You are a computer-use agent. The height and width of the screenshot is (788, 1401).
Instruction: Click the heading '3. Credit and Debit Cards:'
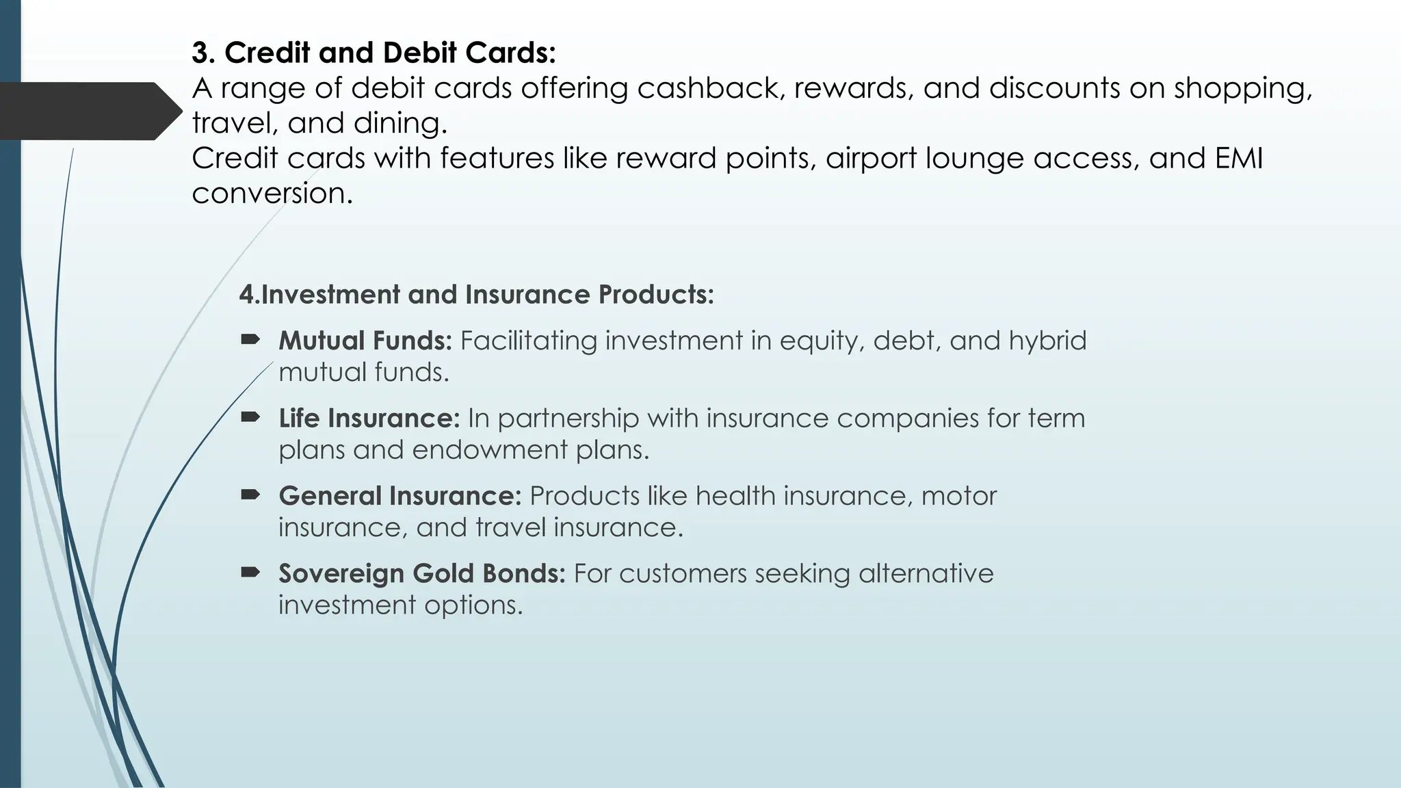[x=374, y=53]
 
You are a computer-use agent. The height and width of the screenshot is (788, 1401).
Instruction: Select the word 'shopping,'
[x=1243, y=88]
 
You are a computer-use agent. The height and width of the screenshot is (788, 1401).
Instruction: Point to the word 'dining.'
[x=400, y=123]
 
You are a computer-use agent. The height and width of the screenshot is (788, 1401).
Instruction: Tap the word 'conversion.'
[x=272, y=194]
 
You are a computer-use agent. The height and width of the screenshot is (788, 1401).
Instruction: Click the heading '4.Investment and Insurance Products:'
[x=476, y=295]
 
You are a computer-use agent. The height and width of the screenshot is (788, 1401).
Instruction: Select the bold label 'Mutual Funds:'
[x=365, y=341]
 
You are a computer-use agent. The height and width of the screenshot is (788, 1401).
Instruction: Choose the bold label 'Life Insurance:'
[x=369, y=418]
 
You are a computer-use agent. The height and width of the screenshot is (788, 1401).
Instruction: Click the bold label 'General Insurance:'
[x=400, y=496]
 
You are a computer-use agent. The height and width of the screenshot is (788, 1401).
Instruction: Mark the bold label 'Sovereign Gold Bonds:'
[x=422, y=573]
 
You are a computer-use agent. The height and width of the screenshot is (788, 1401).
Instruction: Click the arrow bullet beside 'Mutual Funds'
[x=250, y=339]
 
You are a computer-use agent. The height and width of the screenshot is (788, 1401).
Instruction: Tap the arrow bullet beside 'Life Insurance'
[x=250, y=416]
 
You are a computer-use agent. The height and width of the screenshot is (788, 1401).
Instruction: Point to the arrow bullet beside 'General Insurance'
[x=250, y=494]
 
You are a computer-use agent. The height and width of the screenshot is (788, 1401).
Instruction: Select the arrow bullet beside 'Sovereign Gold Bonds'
[x=250, y=571]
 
